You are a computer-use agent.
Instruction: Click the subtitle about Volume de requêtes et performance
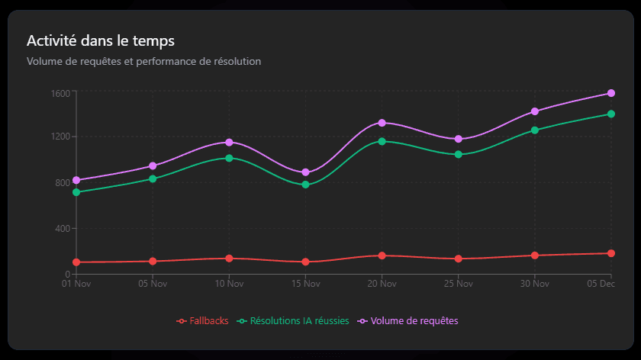pos(143,61)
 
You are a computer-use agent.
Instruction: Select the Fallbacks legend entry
pos(203,321)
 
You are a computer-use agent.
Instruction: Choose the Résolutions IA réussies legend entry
pos(293,321)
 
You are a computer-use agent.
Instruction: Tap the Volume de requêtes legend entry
pos(407,321)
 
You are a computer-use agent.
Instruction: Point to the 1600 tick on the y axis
pos(61,94)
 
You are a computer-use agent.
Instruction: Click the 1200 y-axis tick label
pos(61,137)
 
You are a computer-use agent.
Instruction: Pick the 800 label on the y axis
pos(63,183)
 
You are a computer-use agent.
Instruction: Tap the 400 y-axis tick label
pos(63,229)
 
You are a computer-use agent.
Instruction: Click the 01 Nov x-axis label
pos(76,284)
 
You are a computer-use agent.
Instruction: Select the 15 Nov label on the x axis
pos(305,284)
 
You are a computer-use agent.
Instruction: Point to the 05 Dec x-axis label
pos(601,284)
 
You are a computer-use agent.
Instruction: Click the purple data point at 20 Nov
pos(382,123)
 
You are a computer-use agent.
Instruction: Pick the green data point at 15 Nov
pos(305,185)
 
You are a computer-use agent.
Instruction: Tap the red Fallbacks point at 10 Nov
pos(229,259)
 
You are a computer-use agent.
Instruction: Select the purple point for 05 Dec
pos(611,93)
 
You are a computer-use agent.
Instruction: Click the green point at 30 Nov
pos(535,130)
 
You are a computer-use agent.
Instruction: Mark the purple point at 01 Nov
pos(76,180)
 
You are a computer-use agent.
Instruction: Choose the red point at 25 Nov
pos(459,259)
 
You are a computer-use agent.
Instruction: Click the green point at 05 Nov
pos(153,178)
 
